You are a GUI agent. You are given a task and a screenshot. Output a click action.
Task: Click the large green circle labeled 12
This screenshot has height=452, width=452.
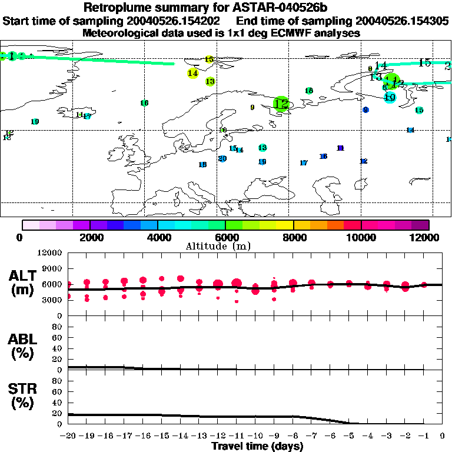282,104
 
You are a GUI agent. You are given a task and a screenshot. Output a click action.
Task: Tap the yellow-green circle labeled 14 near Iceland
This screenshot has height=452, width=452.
192,73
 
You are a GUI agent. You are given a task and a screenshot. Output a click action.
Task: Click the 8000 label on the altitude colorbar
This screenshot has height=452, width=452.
293,237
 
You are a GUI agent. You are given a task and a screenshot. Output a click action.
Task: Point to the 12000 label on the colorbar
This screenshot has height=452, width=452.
427,237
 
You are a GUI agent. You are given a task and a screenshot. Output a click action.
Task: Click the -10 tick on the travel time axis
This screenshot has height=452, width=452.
255,436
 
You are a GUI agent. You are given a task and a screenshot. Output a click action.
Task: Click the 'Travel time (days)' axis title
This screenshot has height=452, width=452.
257,446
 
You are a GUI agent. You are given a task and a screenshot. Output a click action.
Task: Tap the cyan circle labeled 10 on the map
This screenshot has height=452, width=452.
390,98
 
